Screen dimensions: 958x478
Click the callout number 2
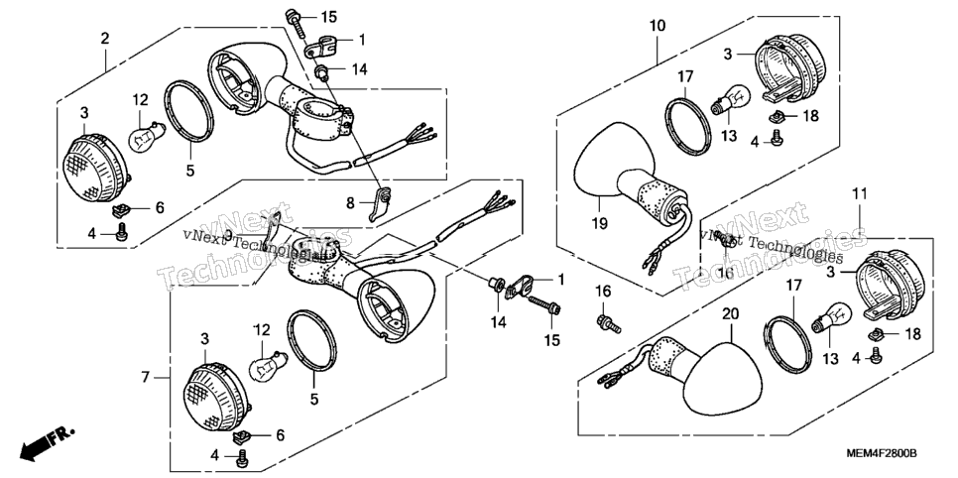pos(105,39)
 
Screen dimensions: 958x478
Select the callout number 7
pos(146,377)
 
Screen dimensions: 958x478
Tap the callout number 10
pos(658,26)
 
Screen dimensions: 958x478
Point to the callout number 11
pos(860,195)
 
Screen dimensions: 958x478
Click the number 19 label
pos(599,224)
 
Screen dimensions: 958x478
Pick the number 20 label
pos(730,314)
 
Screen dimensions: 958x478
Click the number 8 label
pos(350,203)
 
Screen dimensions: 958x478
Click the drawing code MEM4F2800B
pos(882,453)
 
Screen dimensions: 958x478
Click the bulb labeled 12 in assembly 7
pos(267,364)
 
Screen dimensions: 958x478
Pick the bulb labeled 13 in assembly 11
pos(830,318)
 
